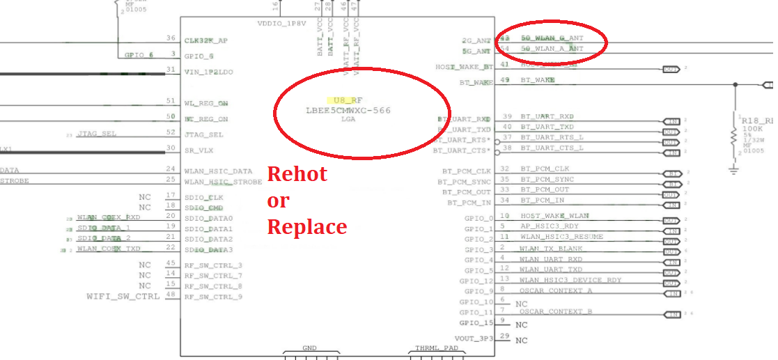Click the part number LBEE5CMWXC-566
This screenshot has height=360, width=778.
348,111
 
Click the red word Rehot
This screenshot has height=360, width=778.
297,173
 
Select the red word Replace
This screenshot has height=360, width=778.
307,227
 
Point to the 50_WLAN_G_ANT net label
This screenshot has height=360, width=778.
552,38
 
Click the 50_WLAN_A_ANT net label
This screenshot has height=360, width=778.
552,49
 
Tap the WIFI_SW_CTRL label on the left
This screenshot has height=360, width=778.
123,297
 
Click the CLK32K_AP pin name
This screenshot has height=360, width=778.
206,40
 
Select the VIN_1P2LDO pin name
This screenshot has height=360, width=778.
209,71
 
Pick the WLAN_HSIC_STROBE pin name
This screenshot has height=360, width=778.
223,182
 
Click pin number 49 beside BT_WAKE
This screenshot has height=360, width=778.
505,80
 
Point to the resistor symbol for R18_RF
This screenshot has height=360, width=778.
733,138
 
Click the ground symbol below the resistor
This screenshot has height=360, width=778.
733,169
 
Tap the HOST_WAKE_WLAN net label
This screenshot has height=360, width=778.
554,216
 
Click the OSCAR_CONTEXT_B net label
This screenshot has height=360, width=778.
556,311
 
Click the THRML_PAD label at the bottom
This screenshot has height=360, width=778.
437,348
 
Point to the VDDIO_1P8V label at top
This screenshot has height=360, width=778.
281,24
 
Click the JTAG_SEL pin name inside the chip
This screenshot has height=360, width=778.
204,134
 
